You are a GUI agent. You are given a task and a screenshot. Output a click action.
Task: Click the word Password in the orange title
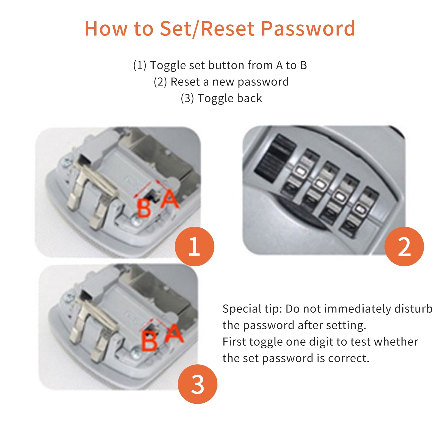(308, 29)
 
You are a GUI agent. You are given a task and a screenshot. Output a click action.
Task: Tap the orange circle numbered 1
(194, 247)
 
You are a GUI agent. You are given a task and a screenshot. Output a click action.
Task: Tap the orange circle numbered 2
(404, 247)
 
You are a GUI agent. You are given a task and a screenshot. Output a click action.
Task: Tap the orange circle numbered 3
(197, 384)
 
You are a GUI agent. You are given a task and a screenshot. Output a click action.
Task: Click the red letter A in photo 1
(170, 199)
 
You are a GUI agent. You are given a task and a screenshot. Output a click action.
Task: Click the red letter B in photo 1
(144, 208)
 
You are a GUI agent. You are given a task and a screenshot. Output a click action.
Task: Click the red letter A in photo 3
(174, 333)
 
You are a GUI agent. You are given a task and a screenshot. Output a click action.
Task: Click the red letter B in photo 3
(149, 341)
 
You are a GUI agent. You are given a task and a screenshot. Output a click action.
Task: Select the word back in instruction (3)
(250, 98)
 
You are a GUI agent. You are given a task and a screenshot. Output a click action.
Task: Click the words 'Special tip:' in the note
(252, 309)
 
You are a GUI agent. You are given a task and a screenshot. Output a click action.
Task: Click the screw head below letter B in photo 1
(135, 221)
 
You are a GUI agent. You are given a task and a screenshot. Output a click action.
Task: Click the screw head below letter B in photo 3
(136, 353)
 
